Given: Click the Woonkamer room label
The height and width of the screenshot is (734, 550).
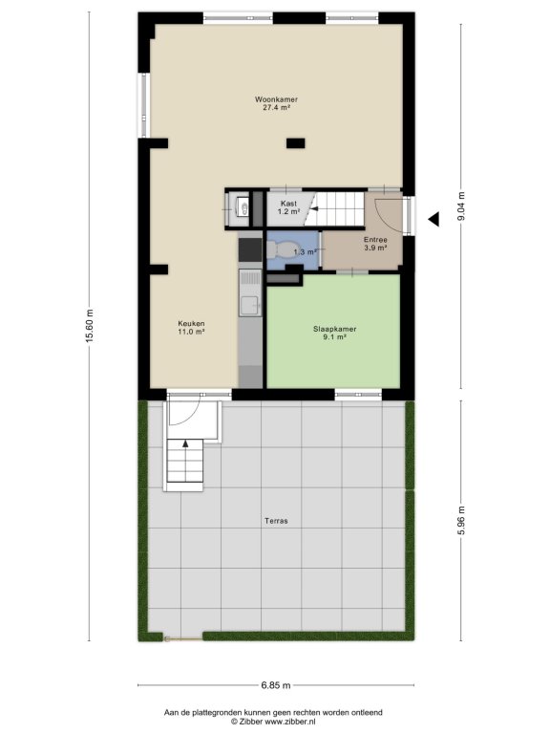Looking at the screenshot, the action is pyautogui.click(x=276, y=99).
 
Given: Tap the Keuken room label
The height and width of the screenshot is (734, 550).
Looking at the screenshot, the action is pyautogui.click(x=191, y=323).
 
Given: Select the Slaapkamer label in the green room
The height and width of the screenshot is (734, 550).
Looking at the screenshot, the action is pyautogui.click(x=334, y=329).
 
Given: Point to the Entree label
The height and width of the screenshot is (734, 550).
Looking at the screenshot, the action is pyautogui.click(x=375, y=240).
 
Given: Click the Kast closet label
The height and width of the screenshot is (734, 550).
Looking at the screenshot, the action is pyautogui.click(x=288, y=204).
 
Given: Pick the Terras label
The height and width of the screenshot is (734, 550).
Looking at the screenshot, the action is pyautogui.click(x=276, y=521).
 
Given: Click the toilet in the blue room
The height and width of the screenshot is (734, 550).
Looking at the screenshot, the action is pyautogui.click(x=282, y=249).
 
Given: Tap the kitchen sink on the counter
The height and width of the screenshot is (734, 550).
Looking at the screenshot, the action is pyautogui.click(x=251, y=306).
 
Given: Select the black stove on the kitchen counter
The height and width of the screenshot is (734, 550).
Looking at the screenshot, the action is pyautogui.click(x=250, y=249).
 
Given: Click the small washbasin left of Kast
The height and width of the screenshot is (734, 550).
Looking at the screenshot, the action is pyautogui.click(x=242, y=206).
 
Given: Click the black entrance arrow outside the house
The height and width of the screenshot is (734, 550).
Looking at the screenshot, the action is pyautogui.click(x=434, y=219).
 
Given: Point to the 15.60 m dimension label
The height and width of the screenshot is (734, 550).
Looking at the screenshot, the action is pyautogui.click(x=90, y=326).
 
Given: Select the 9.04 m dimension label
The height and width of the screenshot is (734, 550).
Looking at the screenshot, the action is pyautogui.click(x=460, y=206).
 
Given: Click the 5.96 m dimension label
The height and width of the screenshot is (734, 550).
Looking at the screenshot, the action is pyautogui.click(x=460, y=521).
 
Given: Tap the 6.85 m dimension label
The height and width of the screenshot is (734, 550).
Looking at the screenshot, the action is pyautogui.click(x=276, y=685).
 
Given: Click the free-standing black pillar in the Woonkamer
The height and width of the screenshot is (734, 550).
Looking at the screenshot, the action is pyautogui.click(x=296, y=143).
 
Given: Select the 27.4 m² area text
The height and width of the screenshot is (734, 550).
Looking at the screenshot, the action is pyautogui.click(x=276, y=107).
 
